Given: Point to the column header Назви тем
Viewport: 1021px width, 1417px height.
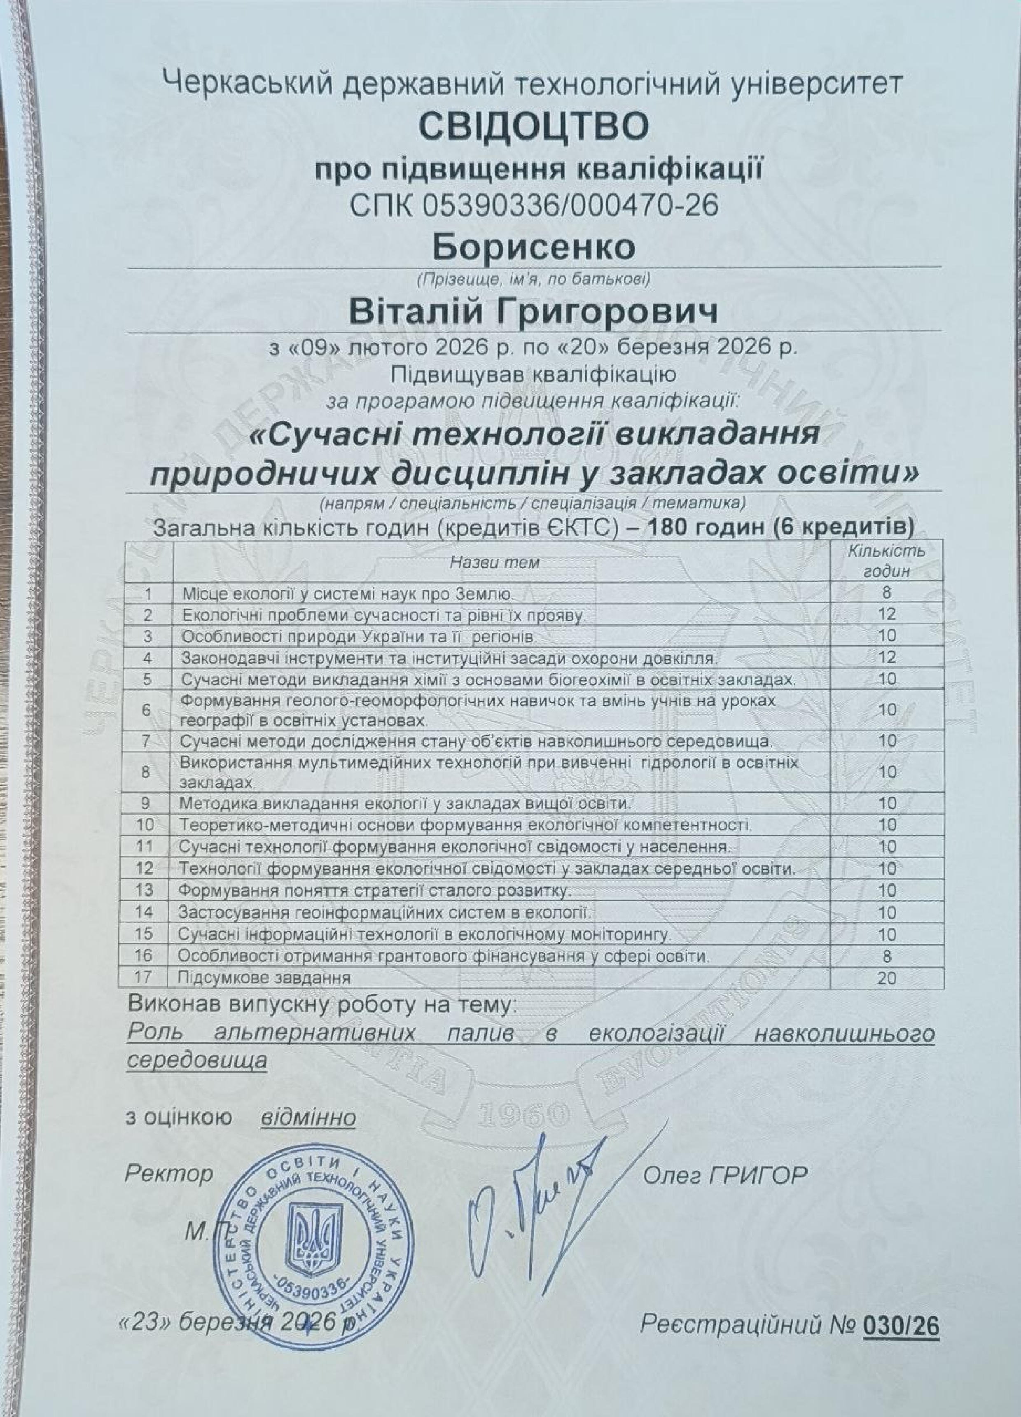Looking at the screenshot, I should (494, 562).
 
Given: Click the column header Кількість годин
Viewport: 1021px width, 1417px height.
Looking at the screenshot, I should (886, 561).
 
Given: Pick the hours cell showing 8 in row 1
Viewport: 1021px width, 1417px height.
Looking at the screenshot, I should (886, 592).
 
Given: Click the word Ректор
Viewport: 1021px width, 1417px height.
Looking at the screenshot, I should (169, 1174).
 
